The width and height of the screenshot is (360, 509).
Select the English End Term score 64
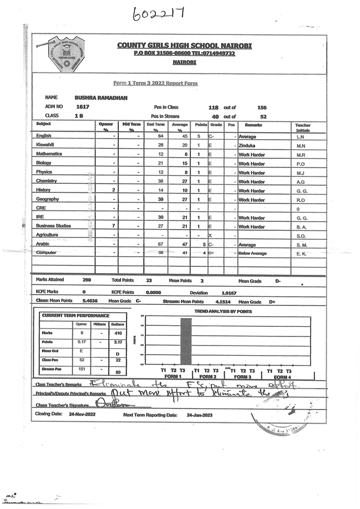coord(161,136)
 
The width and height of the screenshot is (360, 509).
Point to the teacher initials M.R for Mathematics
coord(301,154)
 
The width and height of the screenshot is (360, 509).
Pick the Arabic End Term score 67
coord(161,244)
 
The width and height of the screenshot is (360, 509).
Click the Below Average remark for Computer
coord(252,253)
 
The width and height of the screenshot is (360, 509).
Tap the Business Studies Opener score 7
coord(114,226)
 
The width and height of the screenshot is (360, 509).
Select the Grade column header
coord(216,124)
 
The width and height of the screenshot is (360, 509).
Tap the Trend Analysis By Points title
coord(222,312)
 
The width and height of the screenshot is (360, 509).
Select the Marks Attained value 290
coord(87,280)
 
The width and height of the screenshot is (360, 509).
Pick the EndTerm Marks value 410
coord(118,334)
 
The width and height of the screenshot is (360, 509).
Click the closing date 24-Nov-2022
coord(83,415)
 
